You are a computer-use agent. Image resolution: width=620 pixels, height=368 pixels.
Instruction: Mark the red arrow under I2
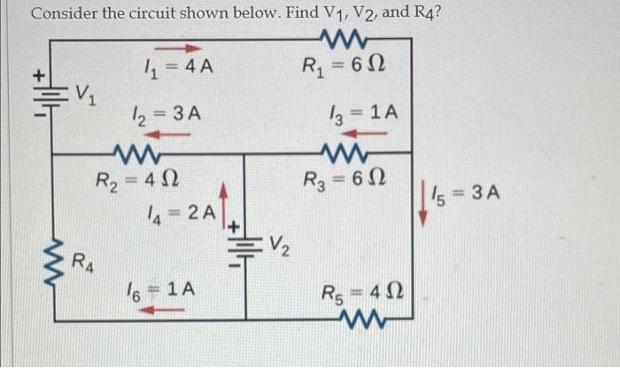pyautogui.click(x=169, y=133)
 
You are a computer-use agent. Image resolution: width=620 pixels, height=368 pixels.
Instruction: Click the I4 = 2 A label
pyautogui.click(x=178, y=212)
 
